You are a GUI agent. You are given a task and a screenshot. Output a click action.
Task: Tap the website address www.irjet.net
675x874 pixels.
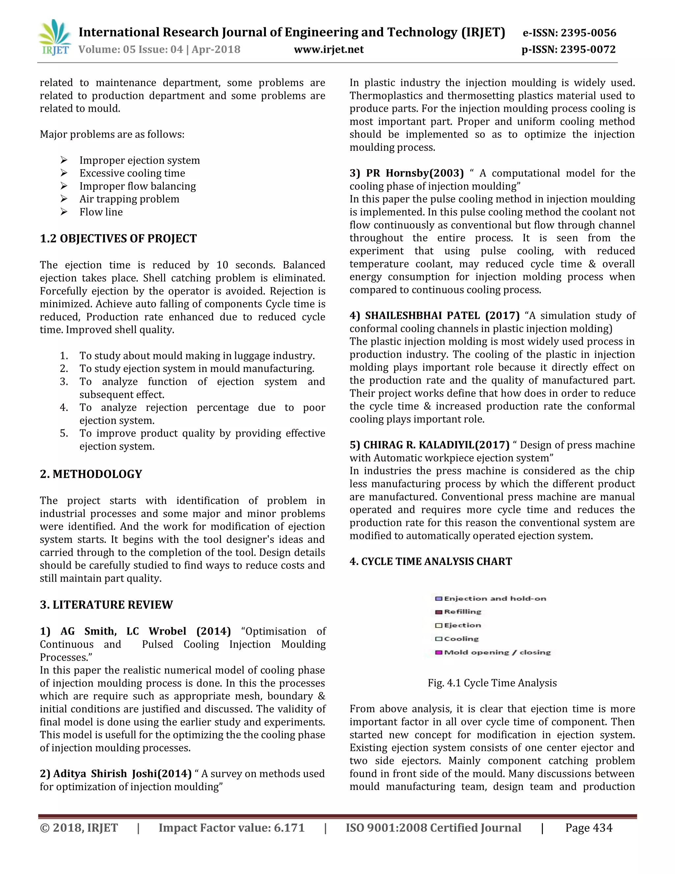click(x=329, y=49)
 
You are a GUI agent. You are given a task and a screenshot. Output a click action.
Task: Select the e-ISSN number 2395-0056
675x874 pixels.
click(x=588, y=33)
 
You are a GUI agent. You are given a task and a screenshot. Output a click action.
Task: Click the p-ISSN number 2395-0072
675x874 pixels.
click(x=588, y=49)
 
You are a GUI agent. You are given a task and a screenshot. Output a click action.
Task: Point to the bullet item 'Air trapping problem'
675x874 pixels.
click(x=129, y=199)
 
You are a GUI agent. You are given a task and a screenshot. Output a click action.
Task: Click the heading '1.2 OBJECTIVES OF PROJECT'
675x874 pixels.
click(x=118, y=238)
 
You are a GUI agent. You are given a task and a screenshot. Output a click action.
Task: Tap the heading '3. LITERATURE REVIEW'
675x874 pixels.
click(x=106, y=605)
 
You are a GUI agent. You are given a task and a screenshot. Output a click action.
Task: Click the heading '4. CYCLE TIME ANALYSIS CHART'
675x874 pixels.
click(x=431, y=561)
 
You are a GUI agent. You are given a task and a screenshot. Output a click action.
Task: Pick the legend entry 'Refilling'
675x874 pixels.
click(x=462, y=612)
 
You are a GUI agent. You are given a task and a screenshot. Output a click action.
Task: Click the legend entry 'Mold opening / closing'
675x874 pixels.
click(x=497, y=653)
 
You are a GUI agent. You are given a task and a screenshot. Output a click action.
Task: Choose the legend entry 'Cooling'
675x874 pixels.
click(x=461, y=639)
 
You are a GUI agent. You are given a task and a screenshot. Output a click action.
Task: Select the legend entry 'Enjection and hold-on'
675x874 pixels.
click(x=495, y=599)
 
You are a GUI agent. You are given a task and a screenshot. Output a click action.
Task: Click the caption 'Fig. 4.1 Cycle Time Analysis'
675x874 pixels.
click(x=492, y=683)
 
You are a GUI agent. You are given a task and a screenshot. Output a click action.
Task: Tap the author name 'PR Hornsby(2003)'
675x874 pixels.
click(x=415, y=173)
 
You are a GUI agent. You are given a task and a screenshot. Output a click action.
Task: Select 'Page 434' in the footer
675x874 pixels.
click(x=589, y=827)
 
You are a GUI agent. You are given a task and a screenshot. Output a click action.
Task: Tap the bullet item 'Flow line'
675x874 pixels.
click(x=101, y=212)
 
